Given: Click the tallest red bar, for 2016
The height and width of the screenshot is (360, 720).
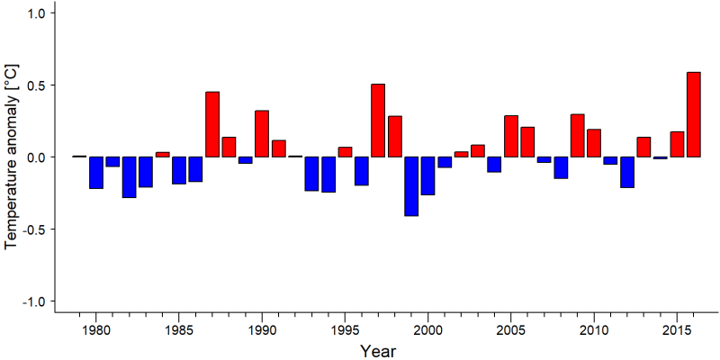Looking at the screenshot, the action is [693, 115].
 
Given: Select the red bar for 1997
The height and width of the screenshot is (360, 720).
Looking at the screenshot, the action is [378, 121].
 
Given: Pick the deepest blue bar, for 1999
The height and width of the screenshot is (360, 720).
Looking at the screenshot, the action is [411, 186].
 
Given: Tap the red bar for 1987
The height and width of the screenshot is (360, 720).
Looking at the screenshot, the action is [212, 124].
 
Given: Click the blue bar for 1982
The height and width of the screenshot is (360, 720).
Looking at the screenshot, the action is [129, 177].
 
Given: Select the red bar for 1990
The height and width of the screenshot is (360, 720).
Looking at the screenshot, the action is [262, 133].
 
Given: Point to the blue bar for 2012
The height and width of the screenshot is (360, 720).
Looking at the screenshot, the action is [627, 172].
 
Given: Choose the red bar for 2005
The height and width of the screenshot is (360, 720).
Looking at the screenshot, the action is [511, 137].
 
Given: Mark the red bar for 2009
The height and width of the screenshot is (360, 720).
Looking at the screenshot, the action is [577, 136].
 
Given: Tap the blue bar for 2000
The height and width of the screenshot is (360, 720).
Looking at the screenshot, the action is [428, 175].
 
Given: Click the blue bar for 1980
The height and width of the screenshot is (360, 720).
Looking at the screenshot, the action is [96, 173].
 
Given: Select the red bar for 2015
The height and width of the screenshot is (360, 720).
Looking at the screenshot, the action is [677, 144].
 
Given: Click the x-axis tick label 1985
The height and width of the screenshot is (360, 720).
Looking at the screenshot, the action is [178, 330].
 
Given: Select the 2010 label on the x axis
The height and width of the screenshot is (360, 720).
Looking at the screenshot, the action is [594, 330].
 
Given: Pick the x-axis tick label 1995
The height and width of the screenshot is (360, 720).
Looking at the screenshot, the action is [345, 330].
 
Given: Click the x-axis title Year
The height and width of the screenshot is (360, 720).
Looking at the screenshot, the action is [377, 351].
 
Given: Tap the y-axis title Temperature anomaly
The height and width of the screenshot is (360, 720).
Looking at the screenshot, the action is [13, 157].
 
